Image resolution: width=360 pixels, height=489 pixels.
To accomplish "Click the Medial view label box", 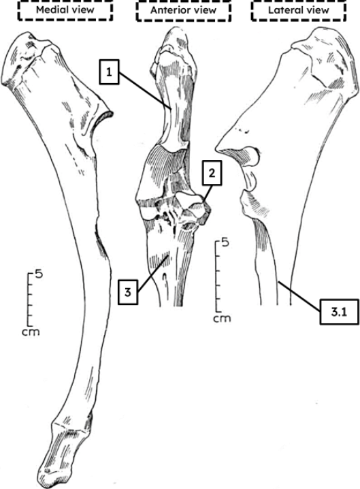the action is [65, 11].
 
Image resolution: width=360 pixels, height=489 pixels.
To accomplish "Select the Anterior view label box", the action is [183, 11].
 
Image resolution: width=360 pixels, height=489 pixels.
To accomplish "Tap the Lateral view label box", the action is [299, 11].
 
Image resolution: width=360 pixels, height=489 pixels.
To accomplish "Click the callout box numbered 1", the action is [109, 73].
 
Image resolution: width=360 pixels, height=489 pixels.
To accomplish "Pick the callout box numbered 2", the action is [212, 173].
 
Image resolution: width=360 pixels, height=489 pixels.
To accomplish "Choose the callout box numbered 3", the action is [128, 292].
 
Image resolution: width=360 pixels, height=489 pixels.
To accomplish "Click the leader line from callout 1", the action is [145, 91].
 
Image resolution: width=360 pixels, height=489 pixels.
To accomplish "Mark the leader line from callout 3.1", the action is [299, 296].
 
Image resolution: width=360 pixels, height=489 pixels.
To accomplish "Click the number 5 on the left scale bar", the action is [39, 275].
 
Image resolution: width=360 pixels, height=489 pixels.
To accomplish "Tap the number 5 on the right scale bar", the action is [225, 242].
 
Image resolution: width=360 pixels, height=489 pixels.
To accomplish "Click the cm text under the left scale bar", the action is [31, 332].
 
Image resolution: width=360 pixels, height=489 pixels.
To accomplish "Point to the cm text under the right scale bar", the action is [222, 319].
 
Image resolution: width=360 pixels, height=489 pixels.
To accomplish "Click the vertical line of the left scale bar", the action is [29, 299].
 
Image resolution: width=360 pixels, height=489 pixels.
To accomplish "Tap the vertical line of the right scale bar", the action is [216, 276].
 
